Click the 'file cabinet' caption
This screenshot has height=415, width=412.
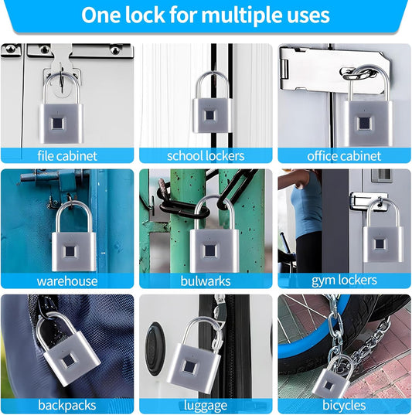click(66, 155)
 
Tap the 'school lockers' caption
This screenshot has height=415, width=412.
click(206, 155)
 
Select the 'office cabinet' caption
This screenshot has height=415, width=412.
click(344, 155)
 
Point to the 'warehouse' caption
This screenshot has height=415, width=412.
click(66, 281)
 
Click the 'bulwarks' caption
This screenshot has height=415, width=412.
click(206, 281)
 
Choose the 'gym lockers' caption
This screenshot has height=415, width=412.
click(344, 281)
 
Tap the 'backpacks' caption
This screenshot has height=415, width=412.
click(66, 406)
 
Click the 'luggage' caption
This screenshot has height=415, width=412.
click(206, 406)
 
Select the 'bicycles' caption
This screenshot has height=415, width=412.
click(344, 406)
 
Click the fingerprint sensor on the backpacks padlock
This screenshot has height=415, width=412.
click(69, 359)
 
